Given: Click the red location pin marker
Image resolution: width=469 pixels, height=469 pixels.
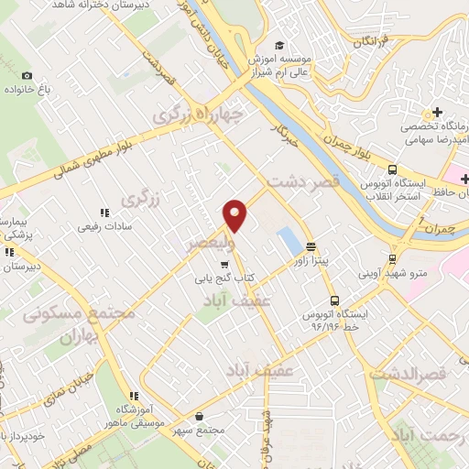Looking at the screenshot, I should (235, 214).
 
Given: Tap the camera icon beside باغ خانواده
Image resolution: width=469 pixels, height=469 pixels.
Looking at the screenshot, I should (27, 75).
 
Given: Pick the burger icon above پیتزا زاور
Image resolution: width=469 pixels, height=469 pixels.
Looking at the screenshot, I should (311, 246).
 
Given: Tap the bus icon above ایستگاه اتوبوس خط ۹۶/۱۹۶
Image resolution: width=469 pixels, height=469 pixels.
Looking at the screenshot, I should (334, 300).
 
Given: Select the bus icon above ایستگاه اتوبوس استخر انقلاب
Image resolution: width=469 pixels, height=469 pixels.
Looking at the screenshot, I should (392, 169).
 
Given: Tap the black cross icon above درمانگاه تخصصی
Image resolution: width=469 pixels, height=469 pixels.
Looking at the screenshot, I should (439, 112).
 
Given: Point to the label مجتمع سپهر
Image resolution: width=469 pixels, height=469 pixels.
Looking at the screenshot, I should (217, 430).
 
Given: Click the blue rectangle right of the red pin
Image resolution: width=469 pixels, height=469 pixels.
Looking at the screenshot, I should (289, 241).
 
